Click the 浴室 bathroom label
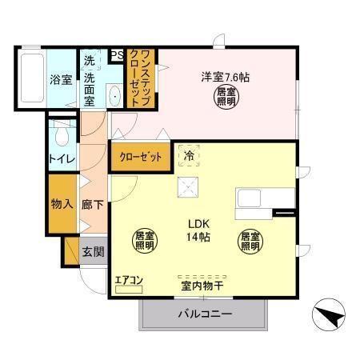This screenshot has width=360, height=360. pos(62,81)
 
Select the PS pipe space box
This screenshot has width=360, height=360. pos(116,55)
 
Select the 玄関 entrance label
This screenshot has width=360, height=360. pos(92,251)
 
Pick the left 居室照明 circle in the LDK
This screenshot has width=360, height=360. pos(143,241)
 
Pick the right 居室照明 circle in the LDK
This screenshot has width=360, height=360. pos(250,241)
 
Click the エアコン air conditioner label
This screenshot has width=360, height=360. pos(128,279)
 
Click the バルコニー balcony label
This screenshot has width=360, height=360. pos(204,314)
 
